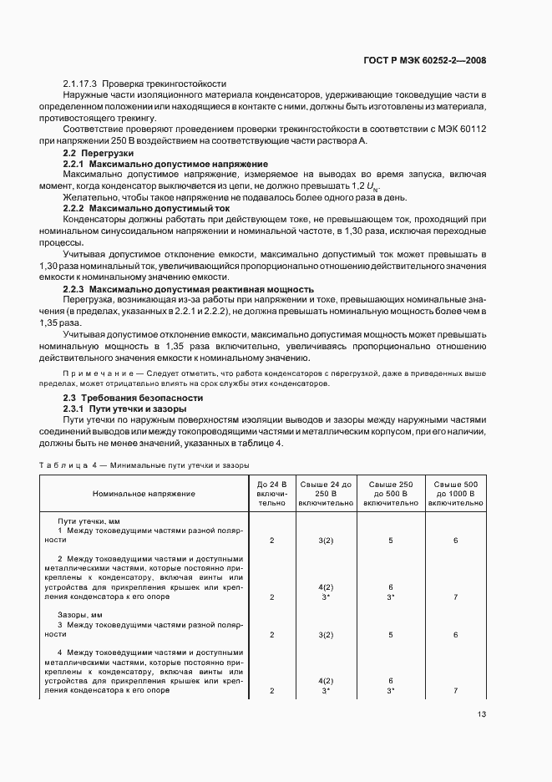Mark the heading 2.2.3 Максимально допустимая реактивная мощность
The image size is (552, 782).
pos(189,288)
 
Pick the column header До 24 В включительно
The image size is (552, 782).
pos(271,493)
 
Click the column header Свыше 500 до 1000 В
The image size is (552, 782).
pos(455,493)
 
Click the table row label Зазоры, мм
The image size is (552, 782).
pos(79,614)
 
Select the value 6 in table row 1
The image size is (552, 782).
pos(455,541)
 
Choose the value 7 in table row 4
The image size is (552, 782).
pos(455,691)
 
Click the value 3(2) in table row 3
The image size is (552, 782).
pos(326,634)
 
